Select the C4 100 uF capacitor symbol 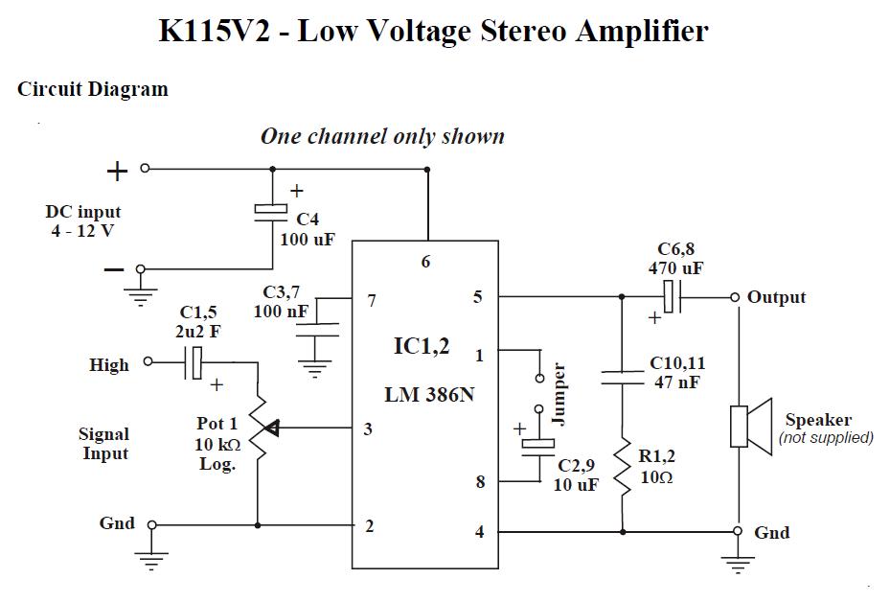[272, 213]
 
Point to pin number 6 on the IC [426, 261]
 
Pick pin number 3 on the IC [368, 428]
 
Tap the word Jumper [560, 393]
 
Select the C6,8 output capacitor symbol [672, 297]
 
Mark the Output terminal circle [736, 297]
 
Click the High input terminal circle [148, 362]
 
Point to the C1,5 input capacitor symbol [194, 362]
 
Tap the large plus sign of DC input [117, 172]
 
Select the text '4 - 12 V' [82, 231]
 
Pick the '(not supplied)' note [826, 438]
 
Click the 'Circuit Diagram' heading [93, 90]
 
